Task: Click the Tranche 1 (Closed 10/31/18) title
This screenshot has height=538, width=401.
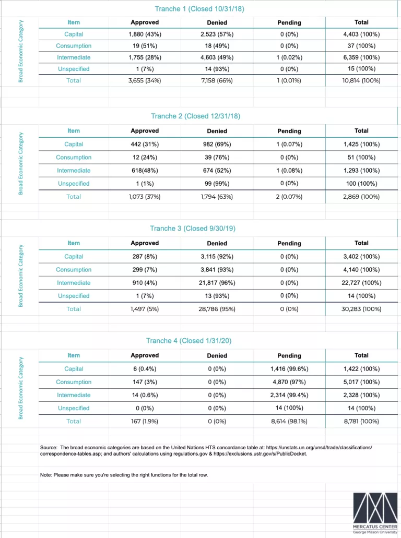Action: point(199,9)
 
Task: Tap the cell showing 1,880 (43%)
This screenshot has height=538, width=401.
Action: point(144,34)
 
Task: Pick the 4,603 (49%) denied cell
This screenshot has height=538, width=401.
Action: point(217,57)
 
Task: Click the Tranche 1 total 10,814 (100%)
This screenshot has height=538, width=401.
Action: point(361,81)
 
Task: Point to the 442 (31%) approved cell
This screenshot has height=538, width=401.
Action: point(144,145)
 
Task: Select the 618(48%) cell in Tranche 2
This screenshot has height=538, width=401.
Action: point(144,171)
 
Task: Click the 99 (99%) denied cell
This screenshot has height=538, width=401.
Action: point(217,184)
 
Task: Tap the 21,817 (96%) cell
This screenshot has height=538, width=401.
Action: point(217,283)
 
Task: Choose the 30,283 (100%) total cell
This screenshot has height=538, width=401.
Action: point(361,309)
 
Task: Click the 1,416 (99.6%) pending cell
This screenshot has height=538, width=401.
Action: point(289,369)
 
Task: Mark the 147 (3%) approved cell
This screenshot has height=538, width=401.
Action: point(144,382)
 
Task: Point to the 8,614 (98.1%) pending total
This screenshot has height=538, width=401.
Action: point(289,421)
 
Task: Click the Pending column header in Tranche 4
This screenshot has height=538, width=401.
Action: point(289,356)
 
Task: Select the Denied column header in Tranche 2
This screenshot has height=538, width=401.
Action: point(217,131)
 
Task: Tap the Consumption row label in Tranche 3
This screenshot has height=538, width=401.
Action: point(74,270)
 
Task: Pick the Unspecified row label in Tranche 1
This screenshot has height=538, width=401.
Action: point(74,69)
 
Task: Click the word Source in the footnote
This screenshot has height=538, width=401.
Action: point(49,448)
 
